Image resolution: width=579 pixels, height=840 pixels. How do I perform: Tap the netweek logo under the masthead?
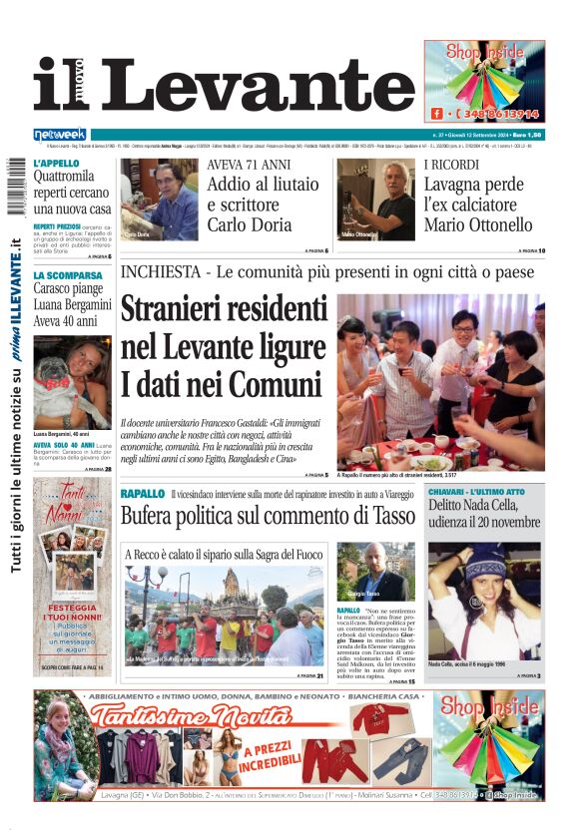pos(60,134)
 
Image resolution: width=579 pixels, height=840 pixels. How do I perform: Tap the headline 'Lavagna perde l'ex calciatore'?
pos(477,206)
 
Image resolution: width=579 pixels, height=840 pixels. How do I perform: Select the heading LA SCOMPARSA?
pos(68,275)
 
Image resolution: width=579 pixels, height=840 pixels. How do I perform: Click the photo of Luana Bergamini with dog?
pos(71,383)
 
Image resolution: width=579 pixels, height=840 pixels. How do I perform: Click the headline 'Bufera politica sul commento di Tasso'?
pos(267,517)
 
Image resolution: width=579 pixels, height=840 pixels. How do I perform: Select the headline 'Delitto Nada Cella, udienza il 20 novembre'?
pos(484,515)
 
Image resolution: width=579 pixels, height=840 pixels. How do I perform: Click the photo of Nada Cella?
pos(484,600)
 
